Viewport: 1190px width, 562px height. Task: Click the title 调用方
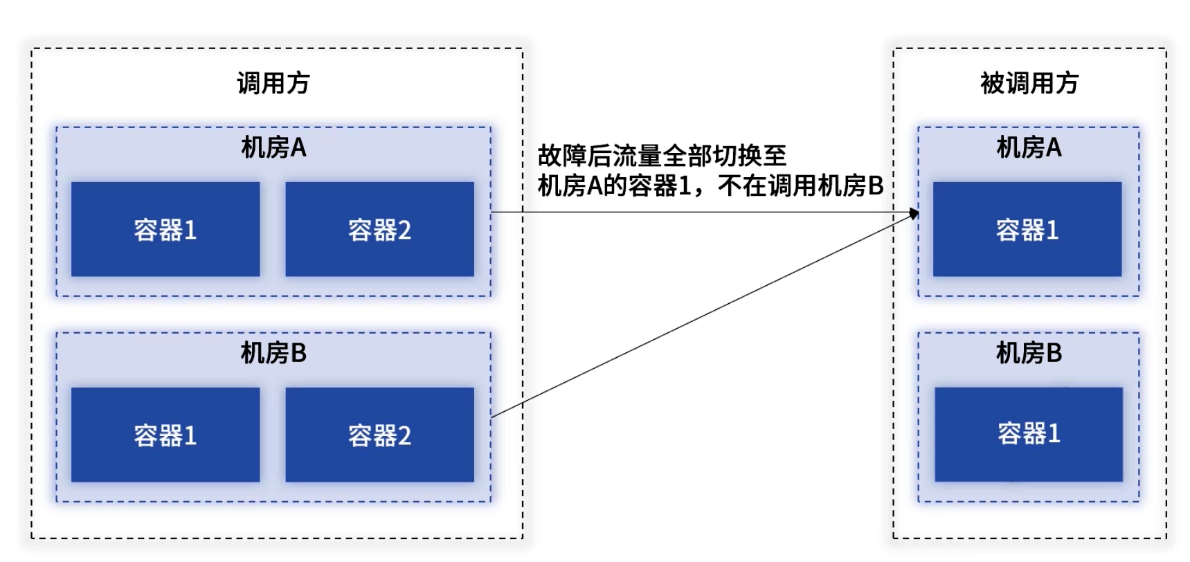tap(273, 84)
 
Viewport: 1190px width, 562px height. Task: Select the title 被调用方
tap(1029, 84)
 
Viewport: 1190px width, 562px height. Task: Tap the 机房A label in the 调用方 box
tap(273, 147)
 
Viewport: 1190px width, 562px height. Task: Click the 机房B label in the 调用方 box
tap(273, 353)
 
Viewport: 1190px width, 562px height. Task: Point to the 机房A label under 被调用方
tap(1029, 147)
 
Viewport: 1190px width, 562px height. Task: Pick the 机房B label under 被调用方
tap(1029, 353)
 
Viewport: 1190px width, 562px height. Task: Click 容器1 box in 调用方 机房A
tap(165, 229)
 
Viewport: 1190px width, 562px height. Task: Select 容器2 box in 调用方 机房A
tap(379, 229)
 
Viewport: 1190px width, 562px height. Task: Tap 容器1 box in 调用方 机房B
tap(165, 435)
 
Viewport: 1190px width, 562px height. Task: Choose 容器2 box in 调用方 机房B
tap(379, 435)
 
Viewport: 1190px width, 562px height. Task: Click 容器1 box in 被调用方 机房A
tap(1027, 229)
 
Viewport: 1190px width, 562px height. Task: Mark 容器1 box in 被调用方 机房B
tap(1029, 434)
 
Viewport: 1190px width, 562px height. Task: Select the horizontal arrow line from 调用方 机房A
tap(692, 212)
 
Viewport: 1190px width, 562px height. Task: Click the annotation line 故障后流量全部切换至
tap(662, 156)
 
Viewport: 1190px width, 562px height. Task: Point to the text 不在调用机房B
tap(800, 185)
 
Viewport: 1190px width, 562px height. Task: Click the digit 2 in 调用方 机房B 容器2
tap(404, 435)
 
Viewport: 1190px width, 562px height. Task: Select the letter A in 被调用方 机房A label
tap(1053, 147)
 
